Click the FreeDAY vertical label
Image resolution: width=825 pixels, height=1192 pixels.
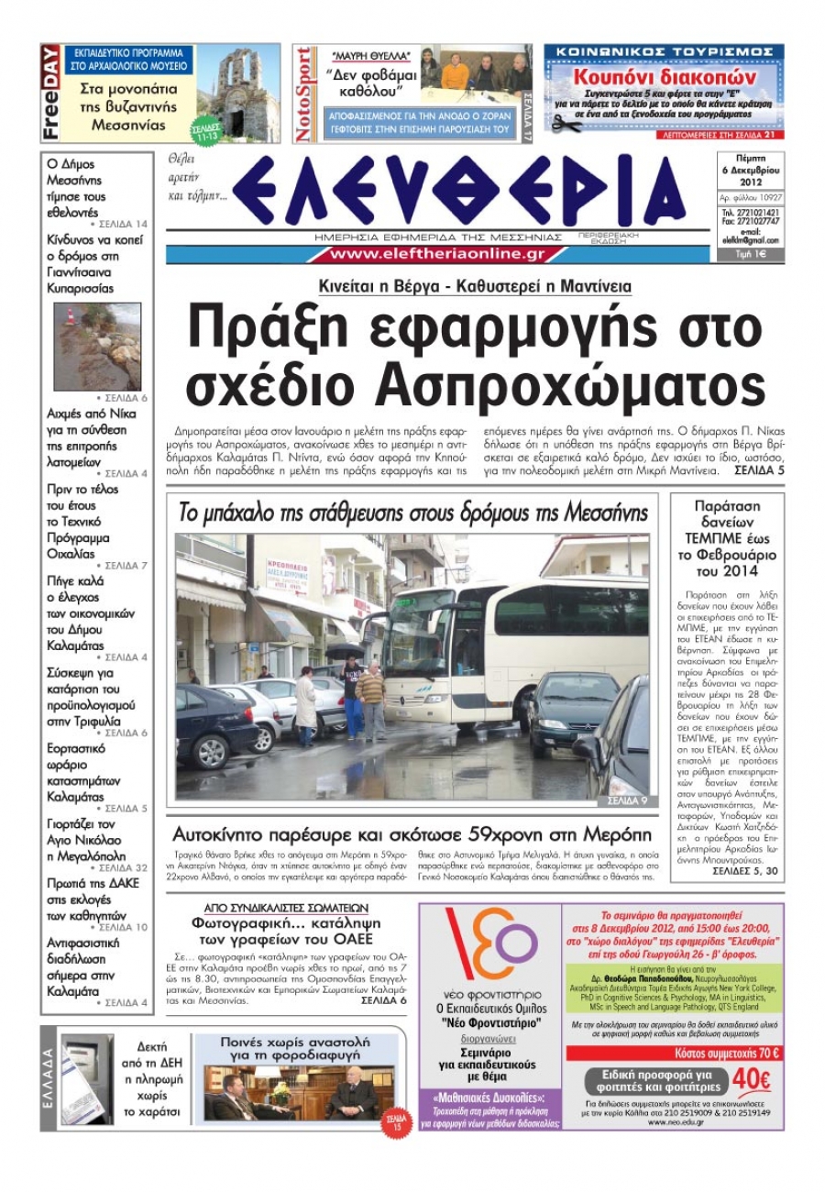[x=51, y=94]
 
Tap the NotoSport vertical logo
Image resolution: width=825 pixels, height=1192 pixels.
[x=304, y=94]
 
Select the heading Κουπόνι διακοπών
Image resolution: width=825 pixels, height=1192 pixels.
[x=664, y=77]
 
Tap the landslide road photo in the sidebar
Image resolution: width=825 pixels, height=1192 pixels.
[x=97, y=347]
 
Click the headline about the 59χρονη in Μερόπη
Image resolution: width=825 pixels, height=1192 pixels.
[x=412, y=835]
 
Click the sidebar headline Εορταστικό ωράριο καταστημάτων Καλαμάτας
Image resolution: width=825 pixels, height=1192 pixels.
[x=82, y=772]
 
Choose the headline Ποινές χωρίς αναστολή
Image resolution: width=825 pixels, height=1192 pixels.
[x=295, y=1048]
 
